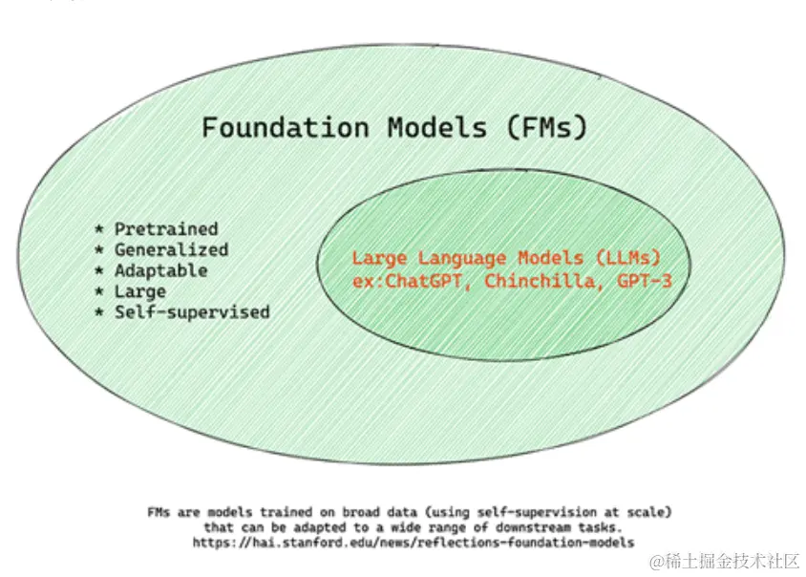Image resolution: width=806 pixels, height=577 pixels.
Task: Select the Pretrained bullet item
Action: tap(166, 229)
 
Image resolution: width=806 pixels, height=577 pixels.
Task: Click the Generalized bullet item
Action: tap(172, 250)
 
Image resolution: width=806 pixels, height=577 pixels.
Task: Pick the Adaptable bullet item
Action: tap(160, 271)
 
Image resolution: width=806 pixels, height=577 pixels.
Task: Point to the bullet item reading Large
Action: tap(140, 291)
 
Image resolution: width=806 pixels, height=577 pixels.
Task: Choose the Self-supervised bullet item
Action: tap(192, 312)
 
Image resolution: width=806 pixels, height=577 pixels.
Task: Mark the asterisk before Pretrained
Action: tap(99, 230)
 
